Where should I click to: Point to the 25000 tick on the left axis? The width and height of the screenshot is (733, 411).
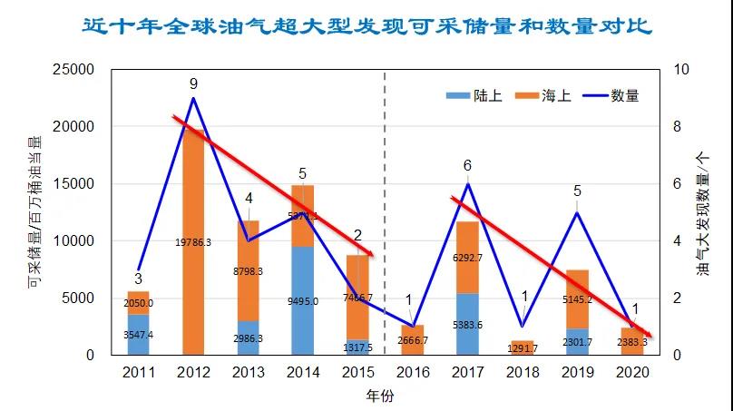pos(75,70)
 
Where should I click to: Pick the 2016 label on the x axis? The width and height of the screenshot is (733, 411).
pos(413,371)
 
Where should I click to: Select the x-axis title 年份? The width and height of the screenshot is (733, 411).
pos(379,395)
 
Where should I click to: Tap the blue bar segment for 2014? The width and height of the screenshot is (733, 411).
pos(303,299)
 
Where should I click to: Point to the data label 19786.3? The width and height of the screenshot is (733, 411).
pos(193,242)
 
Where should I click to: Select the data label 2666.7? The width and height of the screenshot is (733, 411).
pos(413,340)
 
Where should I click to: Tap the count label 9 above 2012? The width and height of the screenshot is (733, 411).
pos(193,83)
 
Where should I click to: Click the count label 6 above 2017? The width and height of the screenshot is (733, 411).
pos(467,166)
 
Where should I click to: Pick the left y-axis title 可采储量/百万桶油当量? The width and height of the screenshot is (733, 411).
pos(34,211)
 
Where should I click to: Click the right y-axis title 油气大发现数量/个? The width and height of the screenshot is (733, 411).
pos(702,211)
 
